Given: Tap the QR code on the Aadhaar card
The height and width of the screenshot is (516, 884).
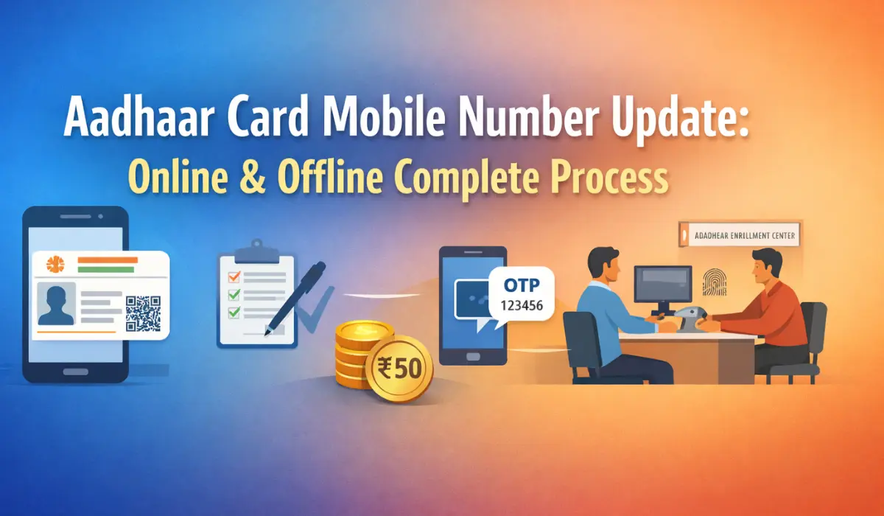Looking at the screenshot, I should click(143, 313).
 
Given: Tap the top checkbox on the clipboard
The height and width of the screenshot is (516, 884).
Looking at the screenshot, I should click(234, 276).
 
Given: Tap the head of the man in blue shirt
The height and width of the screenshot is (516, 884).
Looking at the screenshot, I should click(604, 265).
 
